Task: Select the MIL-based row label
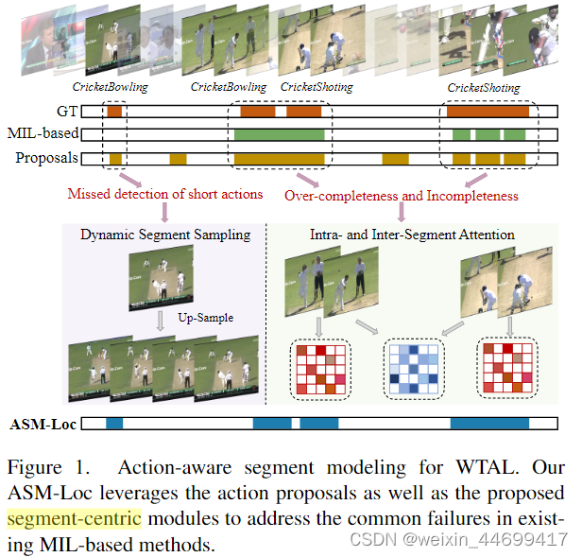[43, 134]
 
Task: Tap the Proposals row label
[46, 158]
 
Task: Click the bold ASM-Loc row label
[43, 424]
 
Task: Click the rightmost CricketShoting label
[483, 88]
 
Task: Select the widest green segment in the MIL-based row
[279, 134]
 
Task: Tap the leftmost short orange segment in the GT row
[113, 112]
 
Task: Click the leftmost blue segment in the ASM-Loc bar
[114, 424]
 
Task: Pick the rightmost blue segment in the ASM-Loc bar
[488, 424]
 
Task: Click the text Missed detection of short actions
[165, 195]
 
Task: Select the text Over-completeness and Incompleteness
[401, 196]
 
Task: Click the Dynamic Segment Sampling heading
[165, 234]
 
